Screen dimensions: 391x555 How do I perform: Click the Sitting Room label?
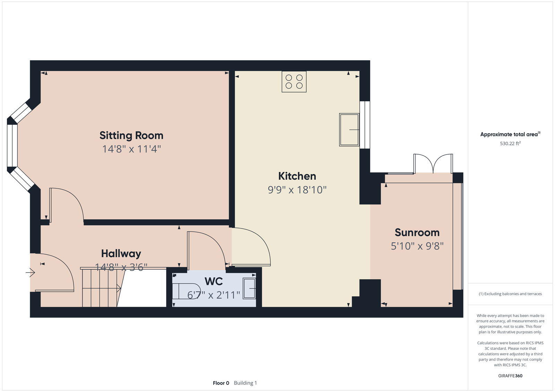pos(131,135)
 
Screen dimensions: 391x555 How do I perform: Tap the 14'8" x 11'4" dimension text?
pos(131,149)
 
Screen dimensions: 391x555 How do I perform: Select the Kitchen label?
pos(297,176)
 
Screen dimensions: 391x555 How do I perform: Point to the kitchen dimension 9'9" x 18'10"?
pos(297,190)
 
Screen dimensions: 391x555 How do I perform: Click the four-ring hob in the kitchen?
pos(294,81)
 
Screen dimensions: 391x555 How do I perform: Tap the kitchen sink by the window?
pos(349,130)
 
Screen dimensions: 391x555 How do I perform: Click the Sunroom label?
pos(417,232)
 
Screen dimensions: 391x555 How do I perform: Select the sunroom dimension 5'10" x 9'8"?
pos(417,246)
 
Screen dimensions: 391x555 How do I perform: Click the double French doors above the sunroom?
pos(433,164)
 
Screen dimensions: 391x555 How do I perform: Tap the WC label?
pos(213,281)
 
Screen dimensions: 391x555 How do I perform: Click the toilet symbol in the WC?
pos(187,291)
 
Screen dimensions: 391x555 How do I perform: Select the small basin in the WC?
pos(249,288)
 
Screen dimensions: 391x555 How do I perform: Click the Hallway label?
pos(121,253)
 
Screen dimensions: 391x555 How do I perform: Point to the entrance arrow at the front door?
pos(30,273)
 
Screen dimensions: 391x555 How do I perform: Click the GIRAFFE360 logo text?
pos(510,376)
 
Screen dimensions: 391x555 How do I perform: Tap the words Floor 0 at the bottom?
pos(221,383)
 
